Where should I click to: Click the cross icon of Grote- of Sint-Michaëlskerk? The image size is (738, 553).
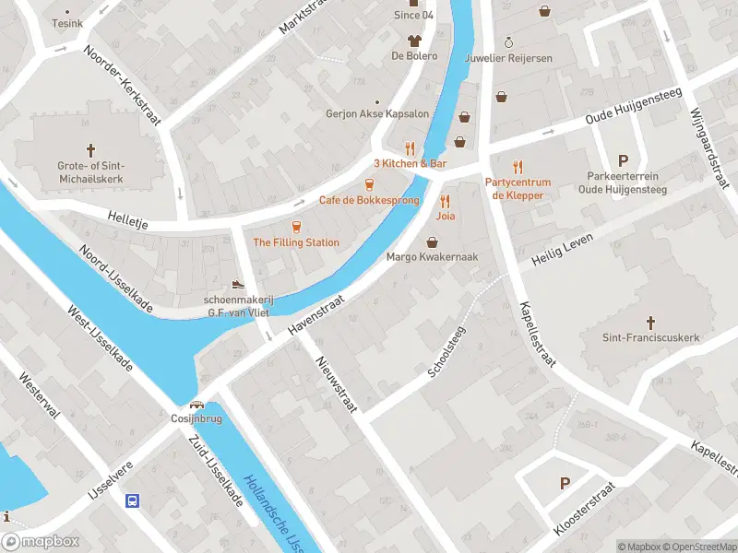click(91, 149)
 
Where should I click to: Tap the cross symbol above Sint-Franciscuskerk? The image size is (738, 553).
click(650, 322)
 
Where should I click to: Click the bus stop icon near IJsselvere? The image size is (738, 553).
click(133, 500)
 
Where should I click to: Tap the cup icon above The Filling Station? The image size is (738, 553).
click(296, 226)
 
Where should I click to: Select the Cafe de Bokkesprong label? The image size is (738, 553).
click(369, 200)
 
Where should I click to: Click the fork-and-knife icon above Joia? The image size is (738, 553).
click(445, 200)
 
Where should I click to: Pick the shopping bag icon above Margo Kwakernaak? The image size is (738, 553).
click(432, 241)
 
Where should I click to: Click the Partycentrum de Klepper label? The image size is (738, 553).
click(518, 188)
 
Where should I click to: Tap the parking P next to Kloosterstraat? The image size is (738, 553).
click(565, 483)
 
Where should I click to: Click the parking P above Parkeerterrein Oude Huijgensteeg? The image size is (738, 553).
click(623, 159)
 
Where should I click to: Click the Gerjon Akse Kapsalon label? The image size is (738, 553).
click(377, 114)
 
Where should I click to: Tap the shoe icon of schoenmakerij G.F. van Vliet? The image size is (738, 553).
click(238, 285)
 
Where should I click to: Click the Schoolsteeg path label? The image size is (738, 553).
click(447, 350)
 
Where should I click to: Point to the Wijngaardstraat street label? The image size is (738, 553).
click(705, 147)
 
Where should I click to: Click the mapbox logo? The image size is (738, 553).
click(41, 542)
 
